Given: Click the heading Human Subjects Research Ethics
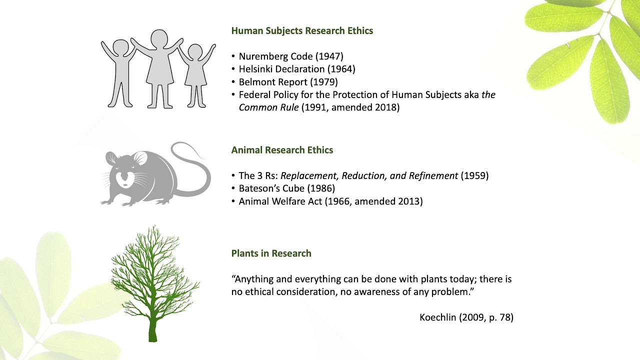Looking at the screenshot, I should tap(302, 31).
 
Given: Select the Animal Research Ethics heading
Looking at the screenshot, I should tap(282, 150).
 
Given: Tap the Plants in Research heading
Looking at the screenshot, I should tap(271, 253).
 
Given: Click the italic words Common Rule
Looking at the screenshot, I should tap(268, 107).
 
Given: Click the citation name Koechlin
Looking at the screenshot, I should tap(438, 317).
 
